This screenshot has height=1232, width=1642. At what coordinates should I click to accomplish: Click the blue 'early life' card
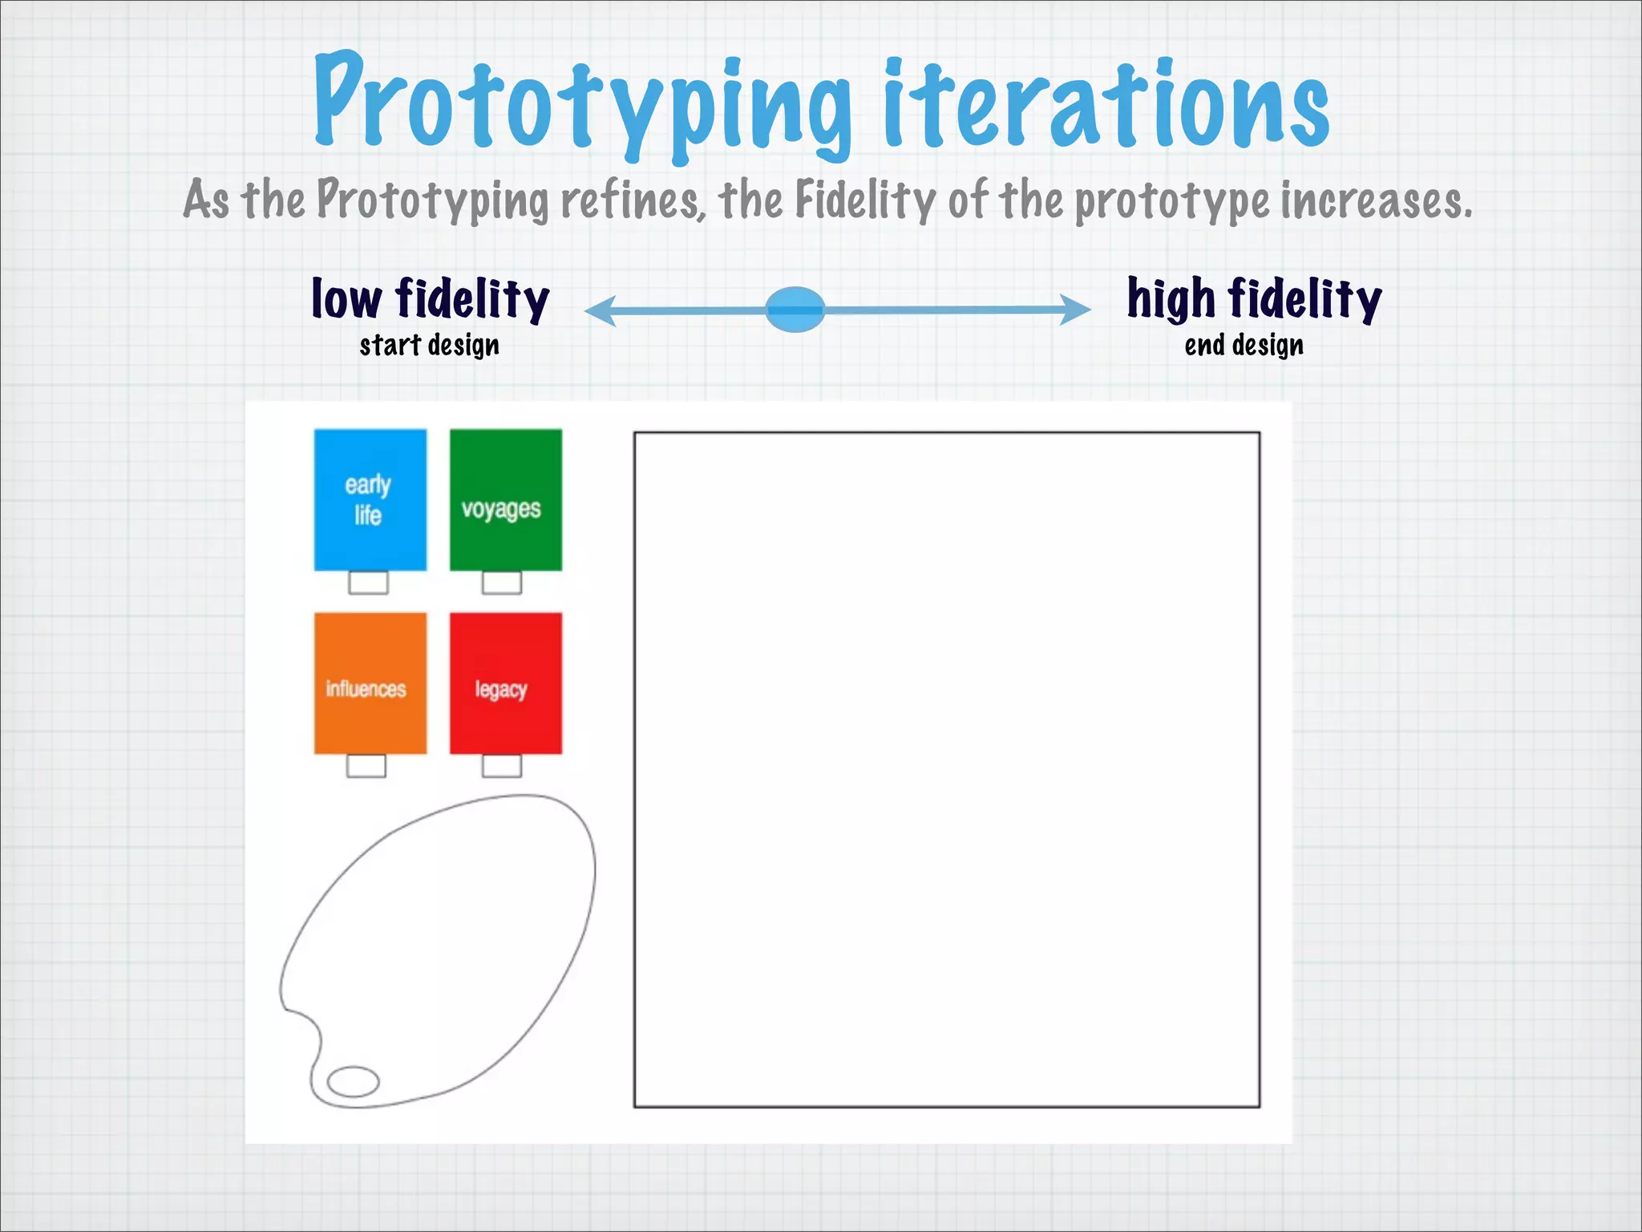coord(370,500)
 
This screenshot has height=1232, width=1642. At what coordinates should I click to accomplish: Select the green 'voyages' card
coord(505,500)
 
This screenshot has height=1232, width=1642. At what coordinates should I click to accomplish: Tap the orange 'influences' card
coord(370,683)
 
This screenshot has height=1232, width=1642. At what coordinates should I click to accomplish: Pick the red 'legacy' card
coord(505,683)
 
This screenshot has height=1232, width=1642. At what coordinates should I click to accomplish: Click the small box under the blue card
coord(368,582)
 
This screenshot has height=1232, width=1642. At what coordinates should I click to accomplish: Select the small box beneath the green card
coord(502,582)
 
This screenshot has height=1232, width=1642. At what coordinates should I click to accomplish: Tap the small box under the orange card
coord(366,766)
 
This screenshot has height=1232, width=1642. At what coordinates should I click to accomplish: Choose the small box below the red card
coord(502,766)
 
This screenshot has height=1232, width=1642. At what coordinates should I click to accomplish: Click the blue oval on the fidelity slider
coord(795,310)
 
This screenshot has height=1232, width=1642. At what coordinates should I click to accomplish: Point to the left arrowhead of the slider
coord(600,310)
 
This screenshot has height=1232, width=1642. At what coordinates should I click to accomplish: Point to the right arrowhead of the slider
coord(1075,310)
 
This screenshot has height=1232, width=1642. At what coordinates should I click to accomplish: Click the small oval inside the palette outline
coord(354,1081)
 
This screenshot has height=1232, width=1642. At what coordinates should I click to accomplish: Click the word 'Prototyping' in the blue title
coord(582,104)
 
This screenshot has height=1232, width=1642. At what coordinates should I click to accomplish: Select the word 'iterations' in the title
coord(1106,104)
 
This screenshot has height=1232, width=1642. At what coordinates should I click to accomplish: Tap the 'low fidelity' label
coord(431,299)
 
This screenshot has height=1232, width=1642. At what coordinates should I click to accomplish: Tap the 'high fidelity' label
coord(1255,299)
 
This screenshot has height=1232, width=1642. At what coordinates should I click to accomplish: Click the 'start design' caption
coord(430,346)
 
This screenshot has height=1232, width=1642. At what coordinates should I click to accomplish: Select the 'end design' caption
coord(1244,346)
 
